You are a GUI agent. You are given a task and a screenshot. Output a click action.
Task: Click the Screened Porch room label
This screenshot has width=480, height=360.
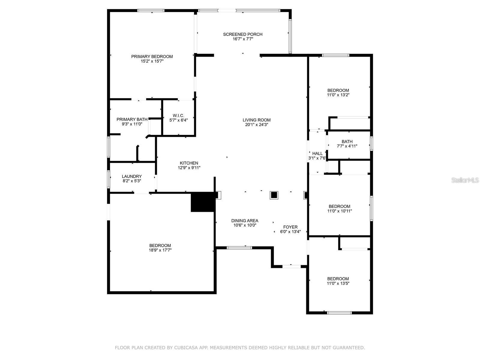coord(242,34)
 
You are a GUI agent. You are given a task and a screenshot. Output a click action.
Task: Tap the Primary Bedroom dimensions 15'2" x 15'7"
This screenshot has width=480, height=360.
coord(152,61)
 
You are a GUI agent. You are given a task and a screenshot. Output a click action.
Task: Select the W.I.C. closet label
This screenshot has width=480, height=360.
coord(178,115)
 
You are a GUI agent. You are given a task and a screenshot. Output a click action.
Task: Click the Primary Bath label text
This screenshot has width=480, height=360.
coord(132,119)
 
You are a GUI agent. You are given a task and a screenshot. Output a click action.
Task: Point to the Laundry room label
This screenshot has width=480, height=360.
coord(132,176)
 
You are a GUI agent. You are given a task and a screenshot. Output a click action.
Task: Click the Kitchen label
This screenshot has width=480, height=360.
coord(189,163)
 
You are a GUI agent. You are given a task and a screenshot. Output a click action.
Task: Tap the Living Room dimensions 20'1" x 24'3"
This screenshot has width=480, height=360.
coord(256,124)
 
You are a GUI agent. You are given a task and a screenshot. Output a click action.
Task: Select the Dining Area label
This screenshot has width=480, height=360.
coord(244,220)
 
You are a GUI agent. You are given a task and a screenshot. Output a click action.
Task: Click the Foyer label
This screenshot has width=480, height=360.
coord(290,227)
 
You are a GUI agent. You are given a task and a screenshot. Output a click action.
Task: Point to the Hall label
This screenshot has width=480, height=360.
coord(317,153)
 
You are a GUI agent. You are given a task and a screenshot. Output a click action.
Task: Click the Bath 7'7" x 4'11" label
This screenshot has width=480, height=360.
coord(347,144)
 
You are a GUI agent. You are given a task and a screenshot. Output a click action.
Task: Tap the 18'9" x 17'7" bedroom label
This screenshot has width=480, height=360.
coord(160,248)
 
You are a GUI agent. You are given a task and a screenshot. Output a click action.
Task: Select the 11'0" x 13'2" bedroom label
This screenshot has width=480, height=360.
coord(338,92)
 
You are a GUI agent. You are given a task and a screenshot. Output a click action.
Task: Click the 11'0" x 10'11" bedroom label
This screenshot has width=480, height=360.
coord(339,208)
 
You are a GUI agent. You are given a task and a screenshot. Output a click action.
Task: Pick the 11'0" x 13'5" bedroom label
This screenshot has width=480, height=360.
coord(338,281)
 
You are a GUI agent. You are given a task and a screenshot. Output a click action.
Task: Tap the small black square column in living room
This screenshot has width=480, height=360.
coord(274,195)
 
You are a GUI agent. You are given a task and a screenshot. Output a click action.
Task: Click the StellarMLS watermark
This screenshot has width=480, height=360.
coord(465,180)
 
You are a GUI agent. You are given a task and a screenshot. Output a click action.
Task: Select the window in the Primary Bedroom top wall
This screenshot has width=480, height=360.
coord(151,10)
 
